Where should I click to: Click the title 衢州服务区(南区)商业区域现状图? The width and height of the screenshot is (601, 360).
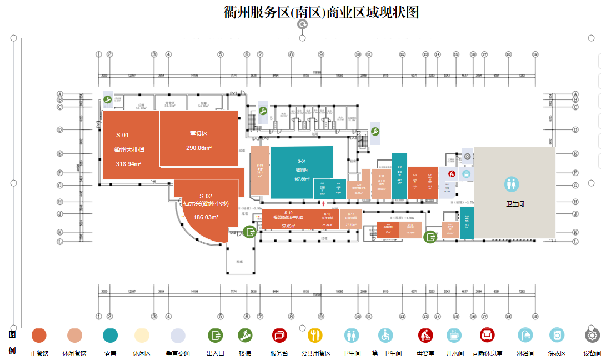(x=321, y=12)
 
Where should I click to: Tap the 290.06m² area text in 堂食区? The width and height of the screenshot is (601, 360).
(x=198, y=148)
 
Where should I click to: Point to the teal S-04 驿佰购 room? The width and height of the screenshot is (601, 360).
(x=302, y=171)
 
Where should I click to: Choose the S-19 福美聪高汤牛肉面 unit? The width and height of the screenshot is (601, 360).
(x=288, y=219)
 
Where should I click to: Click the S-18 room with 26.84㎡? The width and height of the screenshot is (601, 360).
(x=327, y=219)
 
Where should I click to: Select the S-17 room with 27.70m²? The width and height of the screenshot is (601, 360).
(x=351, y=219)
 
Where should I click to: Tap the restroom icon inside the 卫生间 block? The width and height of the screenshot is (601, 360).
(x=512, y=184)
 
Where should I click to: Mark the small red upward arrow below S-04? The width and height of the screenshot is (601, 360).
(x=324, y=205)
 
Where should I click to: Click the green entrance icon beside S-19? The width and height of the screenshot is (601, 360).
(x=249, y=232)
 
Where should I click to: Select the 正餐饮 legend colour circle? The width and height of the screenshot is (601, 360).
(x=39, y=336)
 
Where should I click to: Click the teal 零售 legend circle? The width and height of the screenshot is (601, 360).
(x=110, y=336)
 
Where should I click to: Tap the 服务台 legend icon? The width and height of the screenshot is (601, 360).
(x=279, y=336)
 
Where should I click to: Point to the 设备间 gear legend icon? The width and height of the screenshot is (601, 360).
(x=592, y=336)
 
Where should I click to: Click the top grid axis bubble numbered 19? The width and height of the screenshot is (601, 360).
(x=535, y=54)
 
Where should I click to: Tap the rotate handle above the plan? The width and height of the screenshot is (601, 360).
(x=302, y=24)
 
